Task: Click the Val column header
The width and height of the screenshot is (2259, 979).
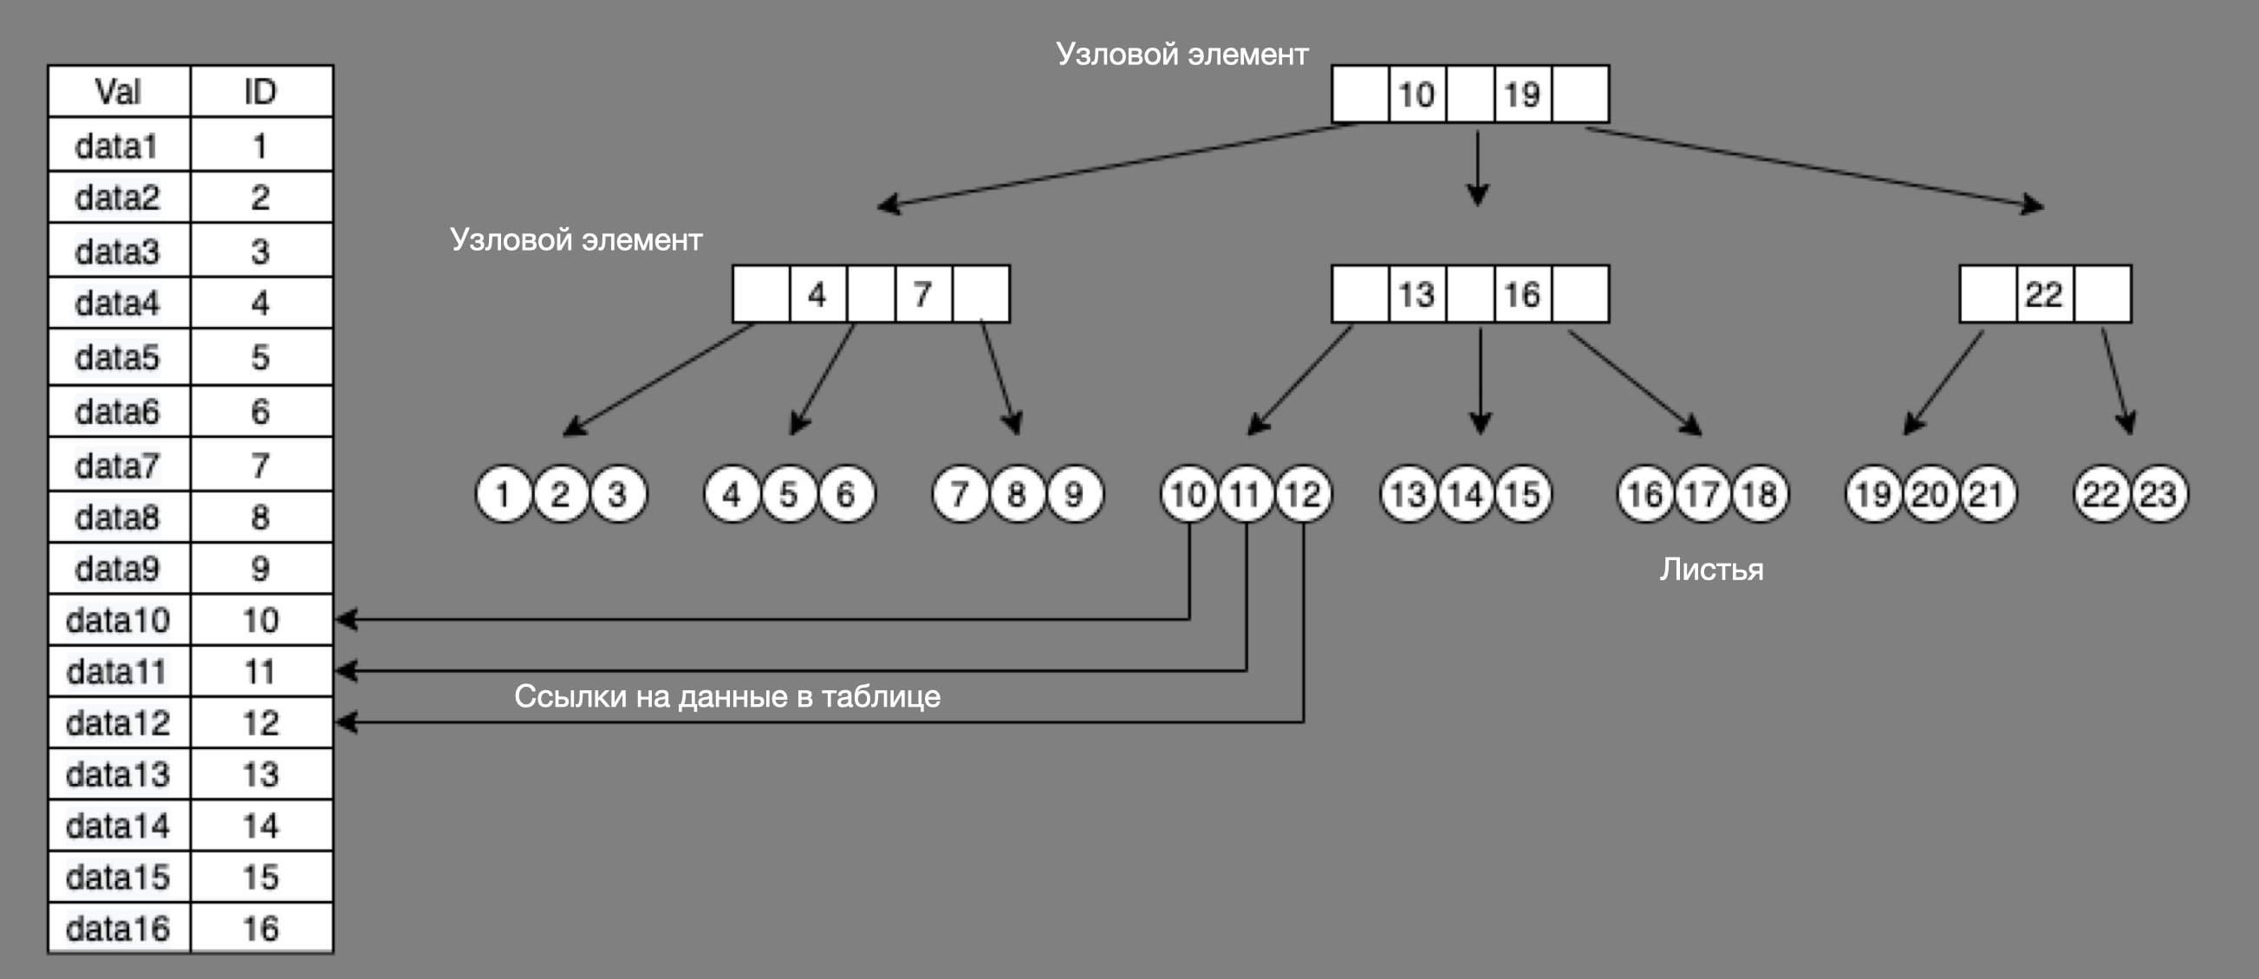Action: [x=119, y=91]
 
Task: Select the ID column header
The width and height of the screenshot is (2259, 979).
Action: [x=260, y=91]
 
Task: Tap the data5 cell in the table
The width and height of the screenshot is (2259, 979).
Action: [x=119, y=357]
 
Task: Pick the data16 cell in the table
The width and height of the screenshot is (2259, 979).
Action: [x=119, y=928]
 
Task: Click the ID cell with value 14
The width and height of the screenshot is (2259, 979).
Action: [x=260, y=826]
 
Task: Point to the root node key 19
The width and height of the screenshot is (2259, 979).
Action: [x=1522, y=94]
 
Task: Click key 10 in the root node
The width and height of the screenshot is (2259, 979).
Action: [x=1417, y=94]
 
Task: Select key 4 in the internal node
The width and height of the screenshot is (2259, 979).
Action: [x=817, y=294]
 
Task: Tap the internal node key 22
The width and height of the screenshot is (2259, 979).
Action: [x=2043, y=294]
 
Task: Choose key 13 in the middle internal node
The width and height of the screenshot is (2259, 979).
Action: [x=1417, y=294]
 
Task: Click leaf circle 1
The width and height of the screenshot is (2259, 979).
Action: [x=504, y=494]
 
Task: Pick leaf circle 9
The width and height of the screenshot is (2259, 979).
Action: [x=1074, y=494]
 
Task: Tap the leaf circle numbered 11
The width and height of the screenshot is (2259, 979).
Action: [x=1246, y=494]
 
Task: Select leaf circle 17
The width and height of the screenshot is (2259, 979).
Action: [x=1702, y=494]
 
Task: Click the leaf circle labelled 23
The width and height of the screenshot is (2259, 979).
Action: [x=2158, y=494]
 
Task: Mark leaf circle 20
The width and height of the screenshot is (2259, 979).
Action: [x=1930, y=494]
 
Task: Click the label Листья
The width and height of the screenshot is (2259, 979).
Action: [x=1711, y=570]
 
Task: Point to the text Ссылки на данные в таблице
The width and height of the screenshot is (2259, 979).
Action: [x=727, y=695]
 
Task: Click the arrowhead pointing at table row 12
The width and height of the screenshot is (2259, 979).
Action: [x=347, y=722]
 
